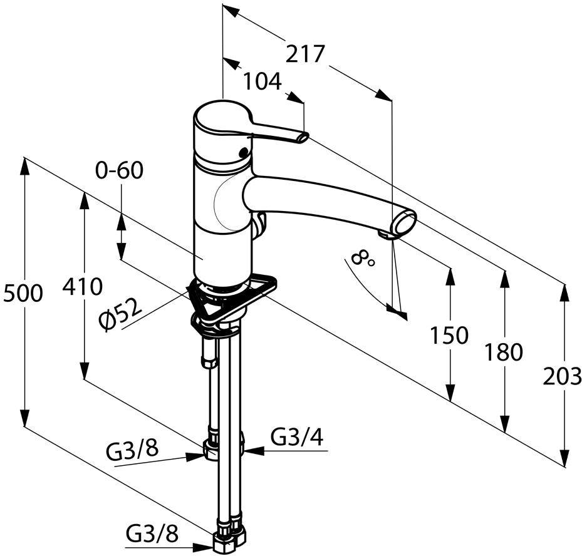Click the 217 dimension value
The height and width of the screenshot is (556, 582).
coord(305,54)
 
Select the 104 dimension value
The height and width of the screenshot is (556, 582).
coord(262,81)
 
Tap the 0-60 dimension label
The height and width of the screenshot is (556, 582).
coord(119,171)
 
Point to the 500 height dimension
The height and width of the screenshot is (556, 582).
coord(23,294)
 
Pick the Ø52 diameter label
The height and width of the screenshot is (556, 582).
coord(121,314)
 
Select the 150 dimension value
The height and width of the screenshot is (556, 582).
coord(449,336)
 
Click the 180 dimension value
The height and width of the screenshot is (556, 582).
coord(504,352)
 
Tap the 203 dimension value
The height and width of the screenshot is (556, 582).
coord(562,377)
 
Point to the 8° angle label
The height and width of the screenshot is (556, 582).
coord(362,258)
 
